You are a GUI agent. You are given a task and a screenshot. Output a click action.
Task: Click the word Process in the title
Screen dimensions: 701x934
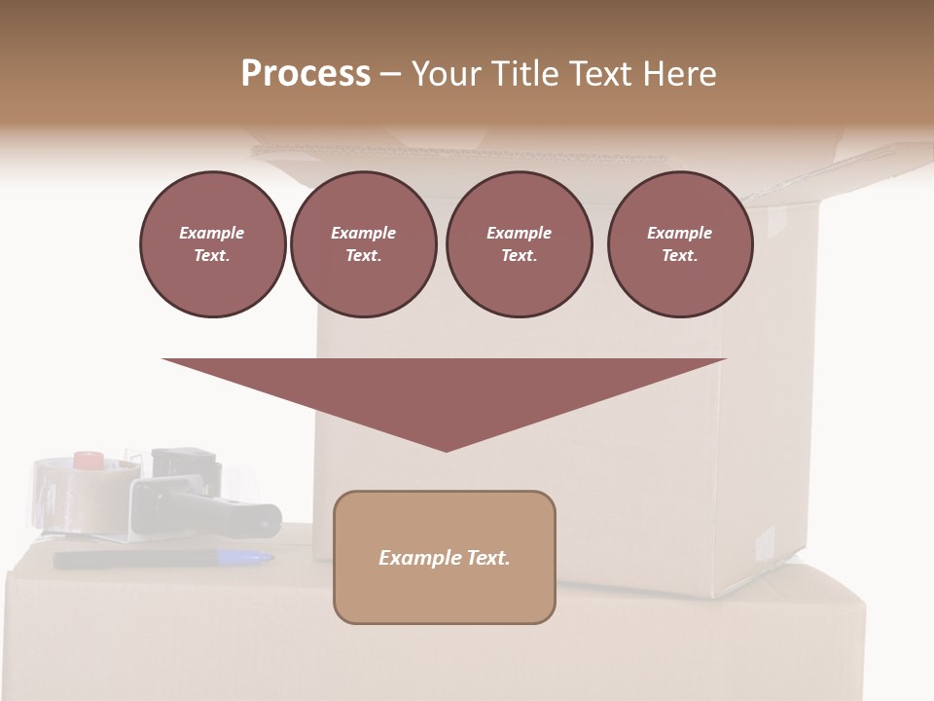(305, 74)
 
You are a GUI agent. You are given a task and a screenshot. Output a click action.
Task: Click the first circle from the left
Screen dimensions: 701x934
(212, 244)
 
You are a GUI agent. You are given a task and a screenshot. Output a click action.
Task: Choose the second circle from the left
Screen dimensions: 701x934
(364, 244)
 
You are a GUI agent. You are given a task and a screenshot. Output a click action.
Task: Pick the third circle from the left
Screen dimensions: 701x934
(519, 244)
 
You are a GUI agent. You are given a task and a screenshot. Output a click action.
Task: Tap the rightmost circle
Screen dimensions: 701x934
(680, 244)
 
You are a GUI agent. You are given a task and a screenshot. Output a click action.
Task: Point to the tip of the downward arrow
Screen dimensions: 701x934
(446, 448)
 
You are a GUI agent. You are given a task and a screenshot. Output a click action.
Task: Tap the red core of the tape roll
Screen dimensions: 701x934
(90, 460)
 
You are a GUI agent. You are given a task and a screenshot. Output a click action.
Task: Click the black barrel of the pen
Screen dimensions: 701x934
(136, 560)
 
